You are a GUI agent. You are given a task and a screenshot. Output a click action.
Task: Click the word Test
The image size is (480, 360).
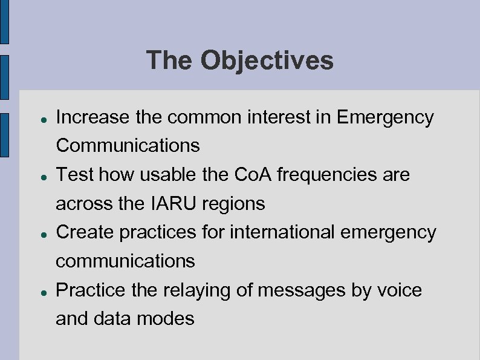click(75, 175)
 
